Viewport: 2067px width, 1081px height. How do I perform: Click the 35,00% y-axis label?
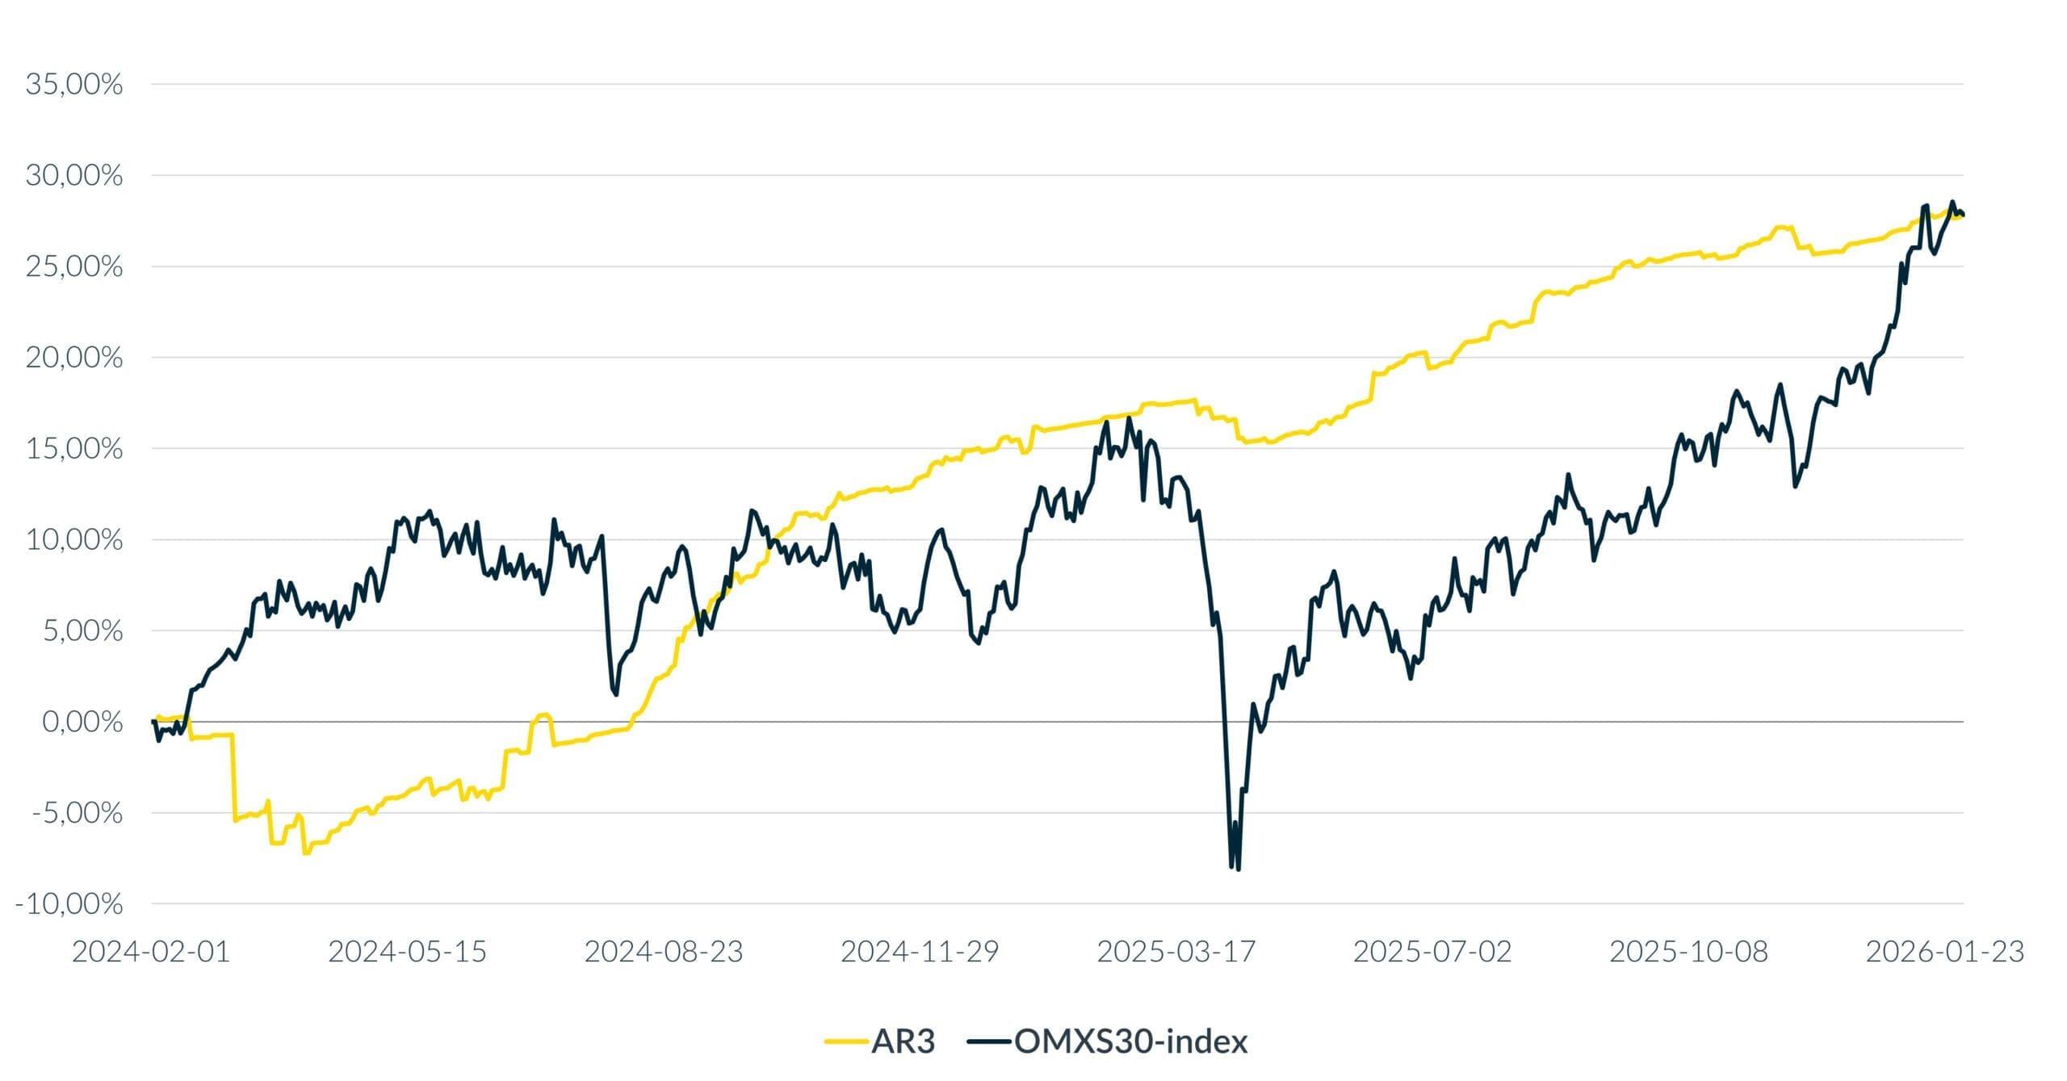(74, 84)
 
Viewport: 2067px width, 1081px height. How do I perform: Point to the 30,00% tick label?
(74, 175)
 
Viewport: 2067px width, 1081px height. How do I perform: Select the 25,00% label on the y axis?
(74, 266)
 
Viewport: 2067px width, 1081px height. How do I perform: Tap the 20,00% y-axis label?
(74, 358)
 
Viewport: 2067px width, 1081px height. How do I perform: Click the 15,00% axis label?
(74, 449)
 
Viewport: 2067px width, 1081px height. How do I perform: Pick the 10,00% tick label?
(74, 540)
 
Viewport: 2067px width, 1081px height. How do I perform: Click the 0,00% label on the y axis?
(82, 722)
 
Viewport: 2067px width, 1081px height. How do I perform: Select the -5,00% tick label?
(78, 813)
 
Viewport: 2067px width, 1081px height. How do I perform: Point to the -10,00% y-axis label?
(69, 904)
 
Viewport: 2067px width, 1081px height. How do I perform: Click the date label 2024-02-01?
(151, 952)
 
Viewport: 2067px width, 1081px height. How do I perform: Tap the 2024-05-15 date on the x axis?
(407, 952)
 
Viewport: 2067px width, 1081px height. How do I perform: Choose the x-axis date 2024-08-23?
(664, 952)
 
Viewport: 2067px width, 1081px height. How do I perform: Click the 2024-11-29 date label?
(920, 952)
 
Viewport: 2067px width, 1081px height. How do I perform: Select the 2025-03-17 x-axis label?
(1176, 952)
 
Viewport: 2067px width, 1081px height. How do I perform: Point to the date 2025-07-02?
(1432, 952)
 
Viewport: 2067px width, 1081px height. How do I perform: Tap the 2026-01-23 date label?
(1945, 952)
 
